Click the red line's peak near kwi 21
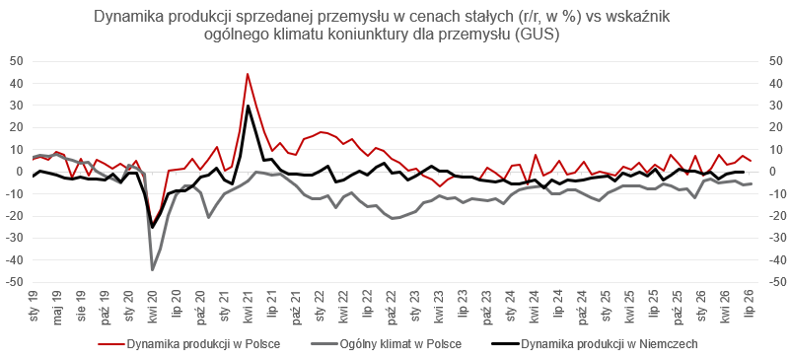coord(248,74)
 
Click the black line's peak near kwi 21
coord(248,106)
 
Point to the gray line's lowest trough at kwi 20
coord(152,270)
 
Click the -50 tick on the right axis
coord(772,282)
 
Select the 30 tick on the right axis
coord(770,106)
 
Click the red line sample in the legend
coord(109,345)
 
